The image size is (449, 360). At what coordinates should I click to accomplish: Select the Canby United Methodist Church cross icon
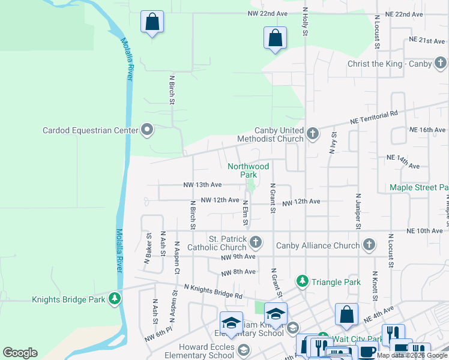click(x=312, y=134)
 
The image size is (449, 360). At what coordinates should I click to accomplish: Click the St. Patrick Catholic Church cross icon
click(x=256, y=242)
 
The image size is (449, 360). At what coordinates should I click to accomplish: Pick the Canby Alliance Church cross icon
click(x=369, y=245)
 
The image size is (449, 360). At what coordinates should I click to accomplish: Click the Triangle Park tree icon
click(x=302, y=281)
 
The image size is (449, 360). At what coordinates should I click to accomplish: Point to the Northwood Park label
click(x=248, y=170)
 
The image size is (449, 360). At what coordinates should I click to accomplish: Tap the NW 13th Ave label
click(x=203, y=185)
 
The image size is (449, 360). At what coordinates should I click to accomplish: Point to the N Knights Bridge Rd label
click(x=213, y=291)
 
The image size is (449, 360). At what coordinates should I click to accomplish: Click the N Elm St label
click(x=245, y=213)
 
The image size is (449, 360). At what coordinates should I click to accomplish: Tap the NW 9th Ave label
click(x=238, y=257)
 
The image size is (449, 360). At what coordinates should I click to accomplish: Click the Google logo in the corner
click(x=20, y=353)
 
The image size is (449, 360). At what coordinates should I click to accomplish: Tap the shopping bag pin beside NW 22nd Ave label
click(x=152, y=22)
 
